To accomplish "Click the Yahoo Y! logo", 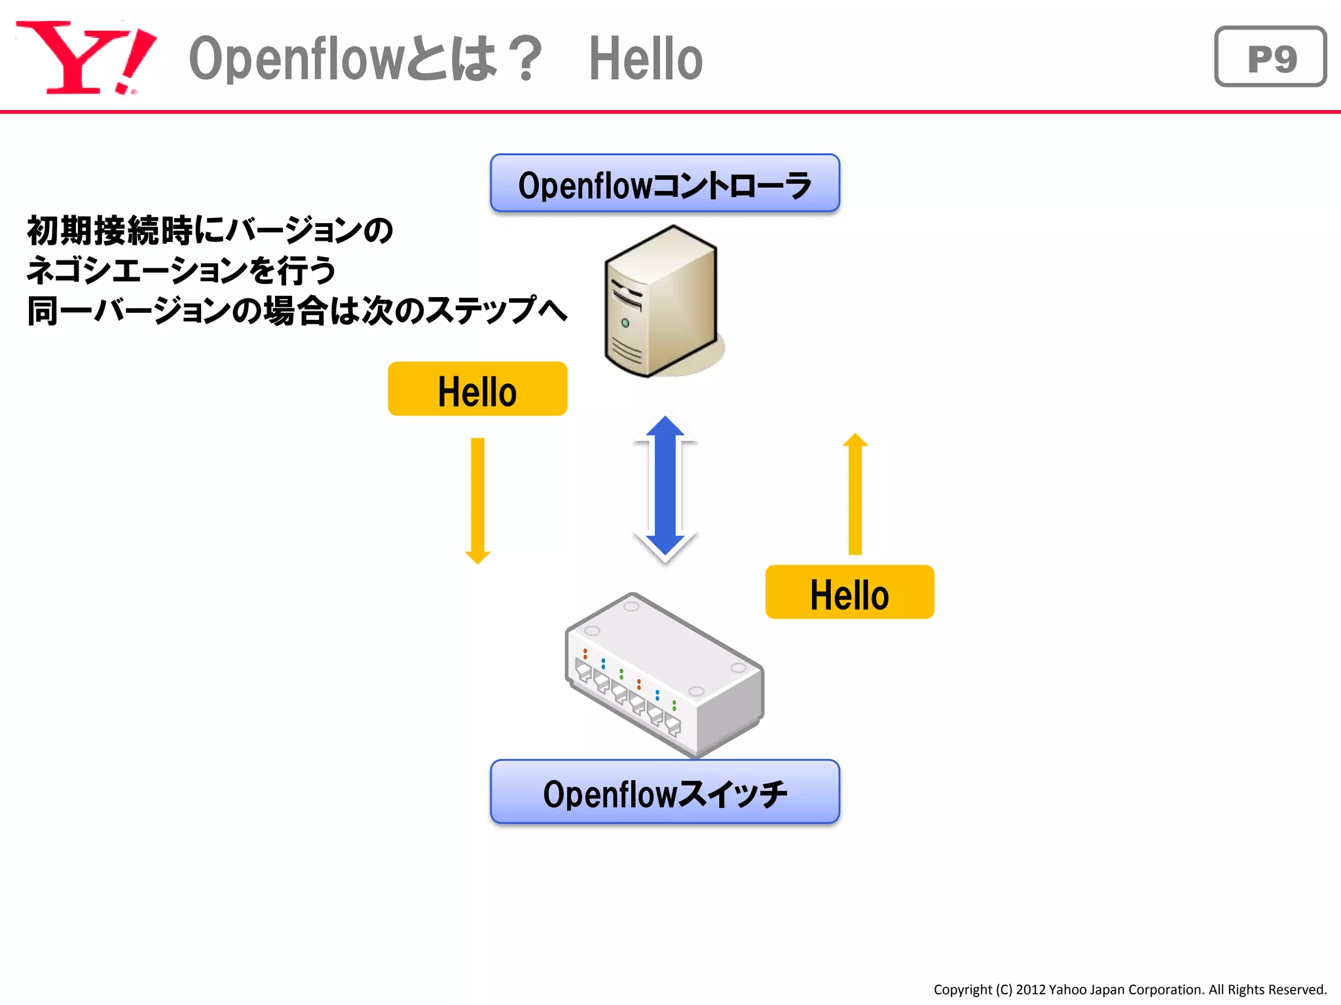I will [x=85, y=58].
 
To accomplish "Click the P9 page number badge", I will [x=1270, y=58].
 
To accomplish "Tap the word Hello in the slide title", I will [x=646, y=59].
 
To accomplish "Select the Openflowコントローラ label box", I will [x=665, y=184].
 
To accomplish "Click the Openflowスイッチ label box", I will [x=665, y=792].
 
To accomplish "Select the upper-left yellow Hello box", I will [x=477, y=390].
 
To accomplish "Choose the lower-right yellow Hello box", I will [x=849, y=593].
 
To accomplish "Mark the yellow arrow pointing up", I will [x=854, y=494].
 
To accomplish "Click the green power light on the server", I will [x=625, y=323].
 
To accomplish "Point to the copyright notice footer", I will [x=1130, y=989].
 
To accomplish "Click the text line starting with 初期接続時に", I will [x=210, y=230].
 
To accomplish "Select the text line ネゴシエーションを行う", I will [x=181, y=270].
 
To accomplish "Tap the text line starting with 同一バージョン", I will [x=297, y=310].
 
